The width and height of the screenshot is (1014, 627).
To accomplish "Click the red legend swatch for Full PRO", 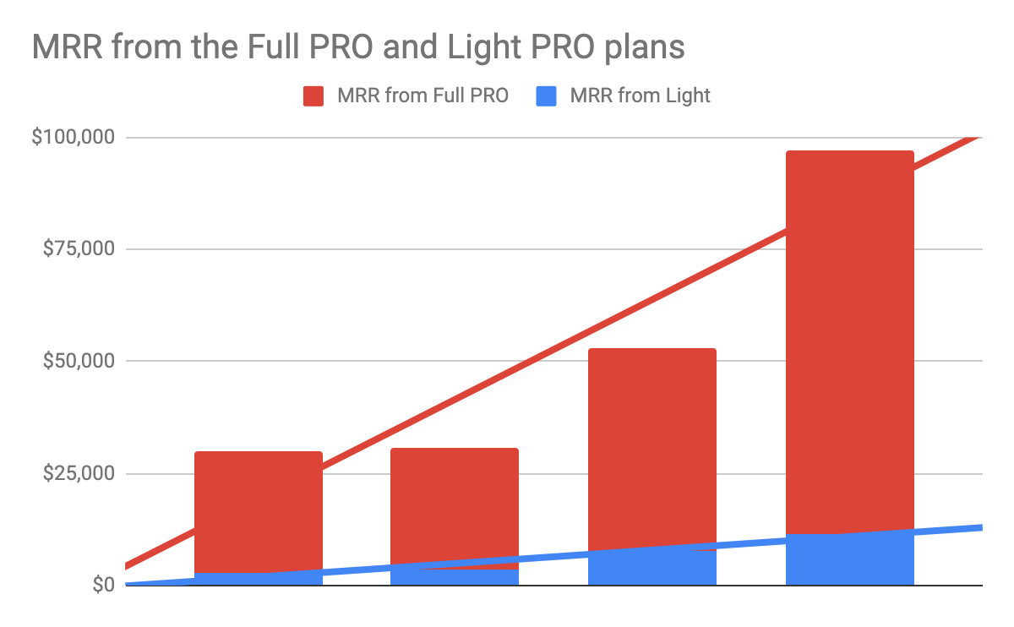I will pos(313,96).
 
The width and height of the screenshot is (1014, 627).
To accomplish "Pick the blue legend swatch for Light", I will pos(547,96).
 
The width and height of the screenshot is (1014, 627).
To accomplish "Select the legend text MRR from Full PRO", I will pos(422,96).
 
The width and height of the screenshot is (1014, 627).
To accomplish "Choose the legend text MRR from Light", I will pos(640,96).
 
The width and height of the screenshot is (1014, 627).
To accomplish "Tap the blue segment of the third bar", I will pos(651,569).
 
